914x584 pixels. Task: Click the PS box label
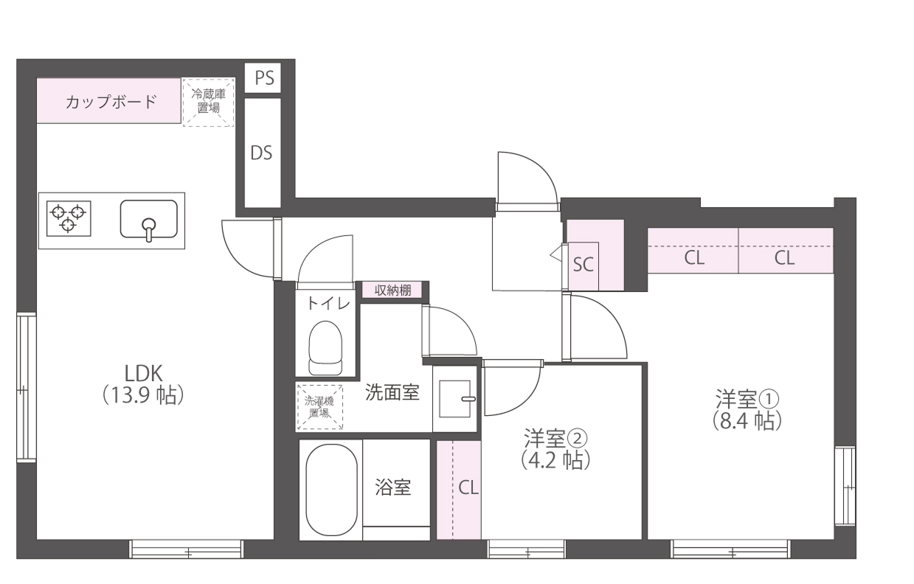tap(263, 77)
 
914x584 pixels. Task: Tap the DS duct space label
tap(261, 153)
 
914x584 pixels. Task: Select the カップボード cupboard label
tap(110, 101)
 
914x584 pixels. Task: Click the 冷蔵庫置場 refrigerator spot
tap(208, 102)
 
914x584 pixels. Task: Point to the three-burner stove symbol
tap(69, 218)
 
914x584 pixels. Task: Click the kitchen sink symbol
tap(148, 219)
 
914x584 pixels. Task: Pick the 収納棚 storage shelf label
tap(392, 290)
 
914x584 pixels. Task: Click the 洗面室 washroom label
tap(392, 392)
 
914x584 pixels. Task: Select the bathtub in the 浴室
tap(330, 490)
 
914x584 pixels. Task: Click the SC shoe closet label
tap(584, 265)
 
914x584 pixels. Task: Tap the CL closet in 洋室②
tap(468, 487)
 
